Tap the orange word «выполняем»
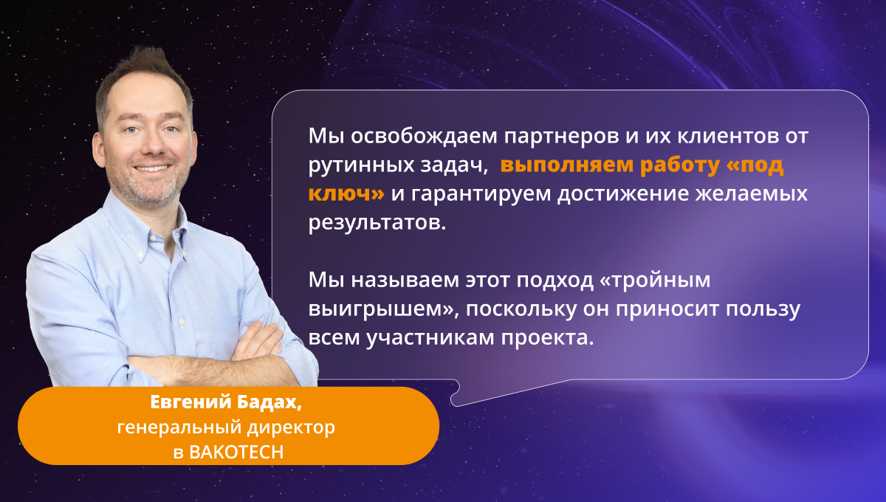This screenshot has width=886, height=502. coord(567,165)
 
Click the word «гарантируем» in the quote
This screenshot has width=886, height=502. coord(481,194)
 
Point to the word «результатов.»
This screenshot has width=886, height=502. coord(377,223)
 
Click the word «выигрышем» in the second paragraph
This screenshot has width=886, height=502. coord(375,309)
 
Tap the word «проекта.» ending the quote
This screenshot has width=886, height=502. coord(548,338)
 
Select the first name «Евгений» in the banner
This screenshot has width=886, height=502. coord(191,403)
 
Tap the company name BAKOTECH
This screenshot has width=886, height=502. coord(236,453)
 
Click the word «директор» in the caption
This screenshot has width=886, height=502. coord(291,428)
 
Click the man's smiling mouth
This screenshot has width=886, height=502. coord(152,168)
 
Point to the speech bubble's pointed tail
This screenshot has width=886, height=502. coord(455,404)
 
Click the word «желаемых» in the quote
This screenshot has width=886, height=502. coord(752,194)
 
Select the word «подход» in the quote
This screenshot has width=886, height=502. coord(555,281)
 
